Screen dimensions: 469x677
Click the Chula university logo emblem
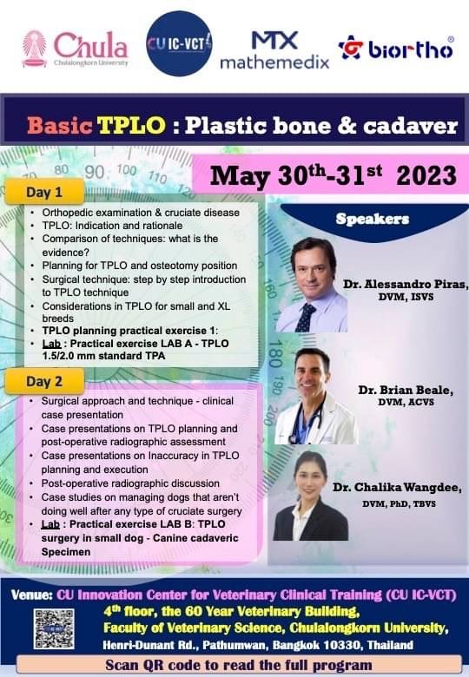click(34, 49)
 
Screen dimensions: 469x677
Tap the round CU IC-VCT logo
click(179, 43)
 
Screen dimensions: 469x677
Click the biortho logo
click(396, 48)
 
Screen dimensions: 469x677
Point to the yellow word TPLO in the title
click(131, 125)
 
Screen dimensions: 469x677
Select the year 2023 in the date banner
click(426, 175)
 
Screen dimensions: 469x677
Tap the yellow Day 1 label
click(44, 192)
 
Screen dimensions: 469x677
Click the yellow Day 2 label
click(44, 382)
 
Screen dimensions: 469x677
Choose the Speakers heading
click(373, 219)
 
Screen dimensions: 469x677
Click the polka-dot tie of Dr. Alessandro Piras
click(307, 318)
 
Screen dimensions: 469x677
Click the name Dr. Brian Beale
click(406, 390)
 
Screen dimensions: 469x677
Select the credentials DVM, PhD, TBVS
click(399, 504)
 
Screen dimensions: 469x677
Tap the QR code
click(54, 628)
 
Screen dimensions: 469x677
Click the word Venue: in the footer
click(32, 595)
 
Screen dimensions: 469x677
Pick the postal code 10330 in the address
click(343, 645)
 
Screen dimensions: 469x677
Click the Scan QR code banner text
click(238, 665)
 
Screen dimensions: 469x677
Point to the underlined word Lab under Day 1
click(51, 344)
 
